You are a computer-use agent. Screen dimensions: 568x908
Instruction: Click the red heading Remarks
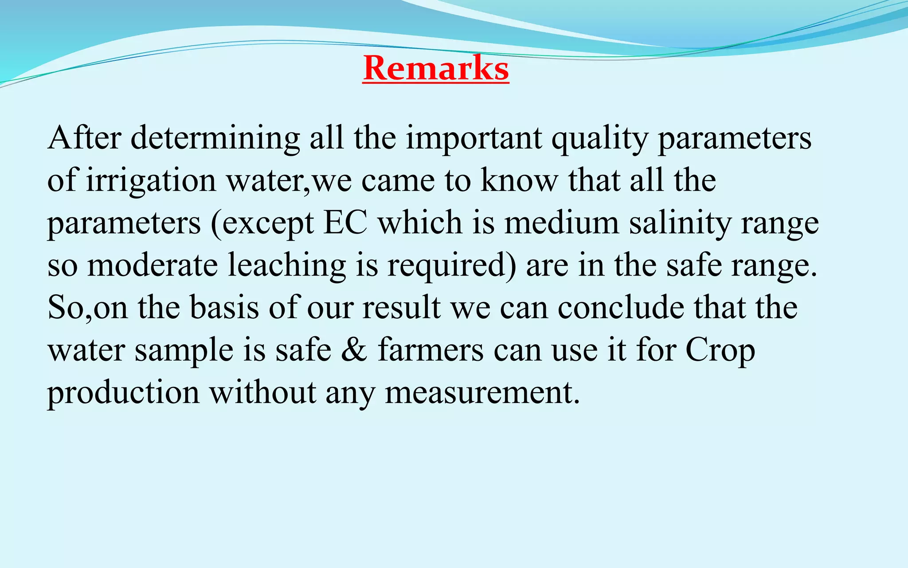(436, 69)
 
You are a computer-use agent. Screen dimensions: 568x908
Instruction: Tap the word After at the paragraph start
(84, 138)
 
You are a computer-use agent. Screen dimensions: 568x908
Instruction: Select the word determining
(215, 139)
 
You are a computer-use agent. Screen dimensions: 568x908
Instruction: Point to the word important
(474, 139)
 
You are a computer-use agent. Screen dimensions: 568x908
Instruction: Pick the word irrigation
(151, 181)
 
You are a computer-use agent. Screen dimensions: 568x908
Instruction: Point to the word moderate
(153, 265)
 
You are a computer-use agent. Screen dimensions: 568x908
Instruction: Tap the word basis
(224, 308)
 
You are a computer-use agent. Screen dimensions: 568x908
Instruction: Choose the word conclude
(621, 308)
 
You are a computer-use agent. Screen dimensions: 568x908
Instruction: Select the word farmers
(431, 350)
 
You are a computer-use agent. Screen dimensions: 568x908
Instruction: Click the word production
(124, 393)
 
